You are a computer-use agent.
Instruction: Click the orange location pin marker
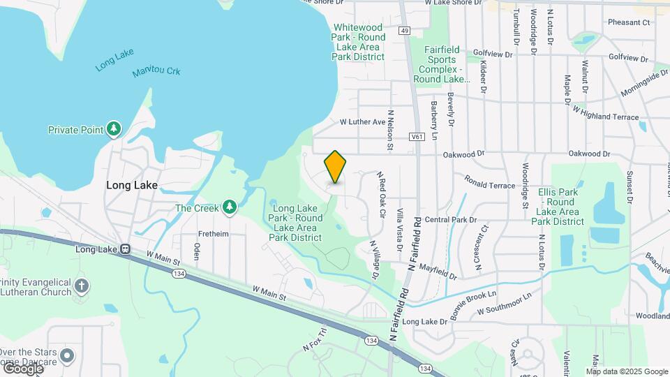336,166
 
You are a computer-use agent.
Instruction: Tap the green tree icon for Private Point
114,129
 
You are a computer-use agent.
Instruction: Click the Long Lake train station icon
125,249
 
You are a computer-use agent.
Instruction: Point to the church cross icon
82,286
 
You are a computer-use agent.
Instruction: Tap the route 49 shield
405,31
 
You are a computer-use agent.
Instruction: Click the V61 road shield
417,138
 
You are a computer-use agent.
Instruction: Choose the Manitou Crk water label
157,71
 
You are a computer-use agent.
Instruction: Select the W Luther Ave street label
362,122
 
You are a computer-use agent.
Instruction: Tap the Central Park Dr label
450,219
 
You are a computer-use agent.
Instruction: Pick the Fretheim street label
213,234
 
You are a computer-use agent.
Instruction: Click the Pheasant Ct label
628,22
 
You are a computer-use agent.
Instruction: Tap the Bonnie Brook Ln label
473,304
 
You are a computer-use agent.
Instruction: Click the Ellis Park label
558,207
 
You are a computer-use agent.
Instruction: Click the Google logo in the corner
23,369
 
